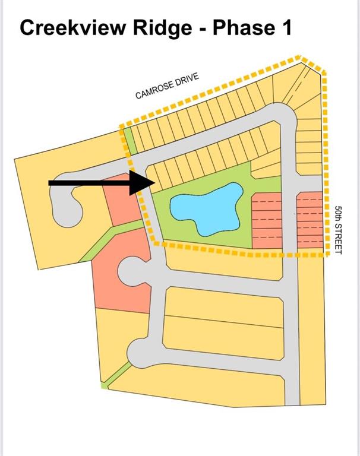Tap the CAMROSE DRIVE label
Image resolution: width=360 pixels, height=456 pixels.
click(168, 85)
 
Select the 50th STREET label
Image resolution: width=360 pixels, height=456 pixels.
click(338, 230)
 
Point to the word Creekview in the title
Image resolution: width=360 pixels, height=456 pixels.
click(73, 28)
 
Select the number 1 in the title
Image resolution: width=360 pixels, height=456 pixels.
click(286, 28)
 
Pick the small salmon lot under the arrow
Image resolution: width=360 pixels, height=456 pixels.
click(123, 199)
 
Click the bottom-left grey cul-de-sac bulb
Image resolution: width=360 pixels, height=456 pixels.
click(139, 353)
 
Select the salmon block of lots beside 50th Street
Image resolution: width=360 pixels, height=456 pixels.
click(310, 220)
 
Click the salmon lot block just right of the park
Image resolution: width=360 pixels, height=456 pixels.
click(267, 220)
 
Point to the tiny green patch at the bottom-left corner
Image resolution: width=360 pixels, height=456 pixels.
click(105, 385)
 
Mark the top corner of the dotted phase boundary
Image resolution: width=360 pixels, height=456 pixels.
click(300, 56)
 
